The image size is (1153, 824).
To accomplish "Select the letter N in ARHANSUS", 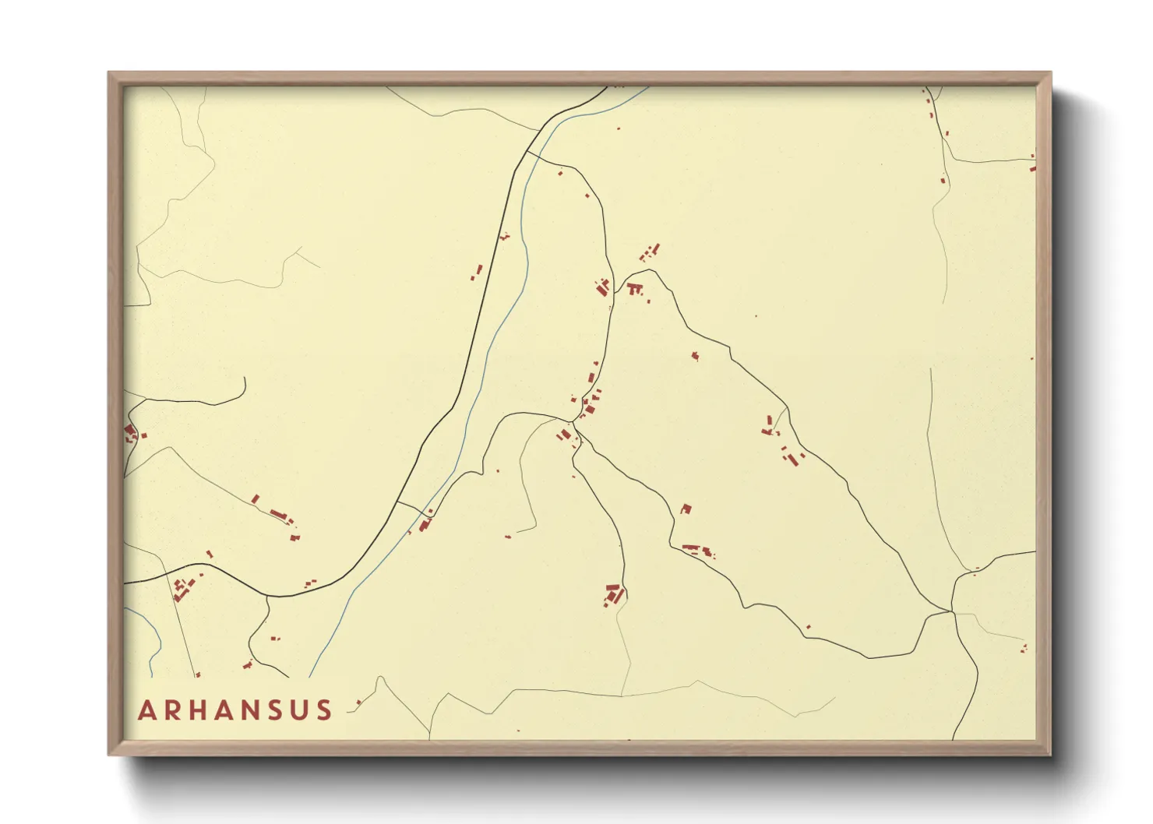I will coord(263,710).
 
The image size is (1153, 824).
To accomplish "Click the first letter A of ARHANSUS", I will coord(146,710).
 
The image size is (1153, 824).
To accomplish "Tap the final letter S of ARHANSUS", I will coord(324,710).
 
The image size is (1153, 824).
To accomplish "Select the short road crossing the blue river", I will coord(411,508).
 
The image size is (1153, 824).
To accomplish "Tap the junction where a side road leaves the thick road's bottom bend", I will coord(268,597).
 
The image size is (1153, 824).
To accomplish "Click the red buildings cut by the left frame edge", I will coord(130,432).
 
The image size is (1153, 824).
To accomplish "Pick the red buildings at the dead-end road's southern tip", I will coord(614,594).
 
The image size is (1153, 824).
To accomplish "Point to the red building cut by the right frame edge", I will coord(1033,166).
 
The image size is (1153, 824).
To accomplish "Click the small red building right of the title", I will coord(358,703).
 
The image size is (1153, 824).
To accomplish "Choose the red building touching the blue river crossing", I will coord(425,524).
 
